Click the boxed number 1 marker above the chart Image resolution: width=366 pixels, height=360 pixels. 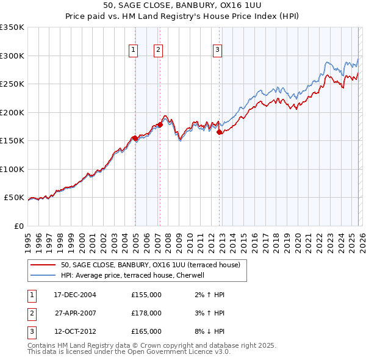pos(133,51)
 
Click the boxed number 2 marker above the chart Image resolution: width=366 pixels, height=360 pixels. pos(158,51)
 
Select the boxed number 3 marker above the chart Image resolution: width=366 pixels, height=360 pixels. pos(217,51)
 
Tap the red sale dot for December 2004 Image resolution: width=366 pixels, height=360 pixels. pos(135,138)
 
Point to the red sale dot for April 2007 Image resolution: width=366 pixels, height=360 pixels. pos(160,124)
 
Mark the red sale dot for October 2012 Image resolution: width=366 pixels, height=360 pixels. pos(219,132)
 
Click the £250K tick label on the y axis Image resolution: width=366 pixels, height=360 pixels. pos(12,84)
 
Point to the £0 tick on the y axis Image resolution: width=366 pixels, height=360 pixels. pos(18,226)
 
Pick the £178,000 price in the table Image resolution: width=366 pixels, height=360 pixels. pos(146,313)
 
